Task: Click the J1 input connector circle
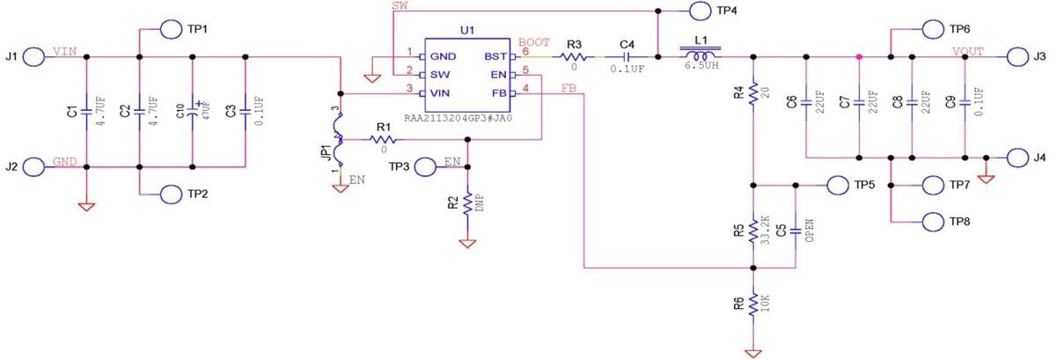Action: pyautogui.click(x=33, y=57)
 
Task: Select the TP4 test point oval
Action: pyautogui.click(x=700, y=11)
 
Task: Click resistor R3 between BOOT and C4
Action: pyautogui.click(x=574, y=57)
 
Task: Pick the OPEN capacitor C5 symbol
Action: pyautogui.click(x=796, y=230)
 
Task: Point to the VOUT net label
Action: pyautogui.click(x=966, y=50)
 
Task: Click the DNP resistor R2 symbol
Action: pyautogui.click(x=467, y=204)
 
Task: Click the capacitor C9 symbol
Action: pyautogui.click(x=965, y=101)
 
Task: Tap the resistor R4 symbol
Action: pyautogui.click(x=753, y=92)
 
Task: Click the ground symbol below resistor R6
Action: pyautogui.click(x=753, y=353)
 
